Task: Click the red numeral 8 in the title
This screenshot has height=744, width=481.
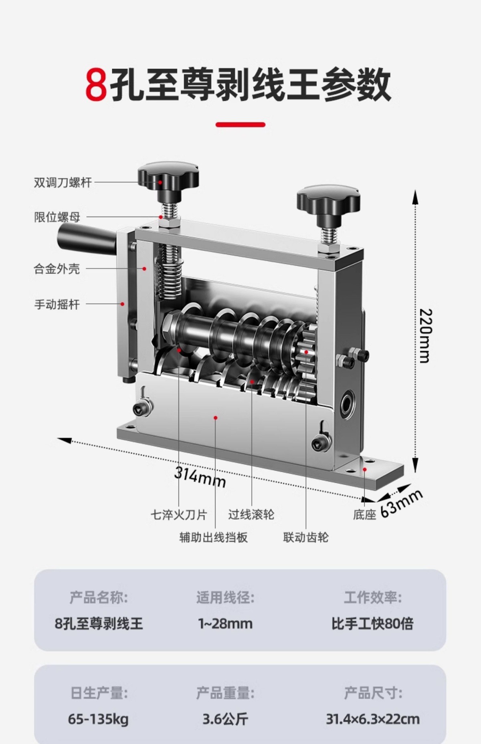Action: [x=96, y=85]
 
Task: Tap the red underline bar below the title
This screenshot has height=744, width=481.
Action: [x=240, y=125]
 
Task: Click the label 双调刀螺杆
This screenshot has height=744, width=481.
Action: [x=63, y=183]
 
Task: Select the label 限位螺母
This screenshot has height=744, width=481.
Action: [x=57, y=217]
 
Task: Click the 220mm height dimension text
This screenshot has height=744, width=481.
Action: [x=426, y=335]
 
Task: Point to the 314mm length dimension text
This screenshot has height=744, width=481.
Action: [x=200, y=477]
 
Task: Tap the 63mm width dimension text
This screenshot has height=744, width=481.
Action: [x=401, y=504]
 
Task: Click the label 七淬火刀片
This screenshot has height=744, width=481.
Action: [x=179, y=514]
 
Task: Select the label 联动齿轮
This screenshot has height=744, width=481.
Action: [x=306, y=537]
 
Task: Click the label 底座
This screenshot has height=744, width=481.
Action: [x=364, y=515]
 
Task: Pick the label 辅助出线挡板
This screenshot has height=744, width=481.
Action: [x=213, y=537]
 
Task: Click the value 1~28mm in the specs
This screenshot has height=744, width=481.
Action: [x=225, y=623]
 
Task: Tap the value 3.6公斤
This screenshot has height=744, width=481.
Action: [x=225, y=719]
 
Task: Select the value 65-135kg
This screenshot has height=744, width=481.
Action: [x=98, y=719]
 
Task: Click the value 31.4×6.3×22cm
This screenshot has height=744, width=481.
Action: [x=372, y=719]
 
